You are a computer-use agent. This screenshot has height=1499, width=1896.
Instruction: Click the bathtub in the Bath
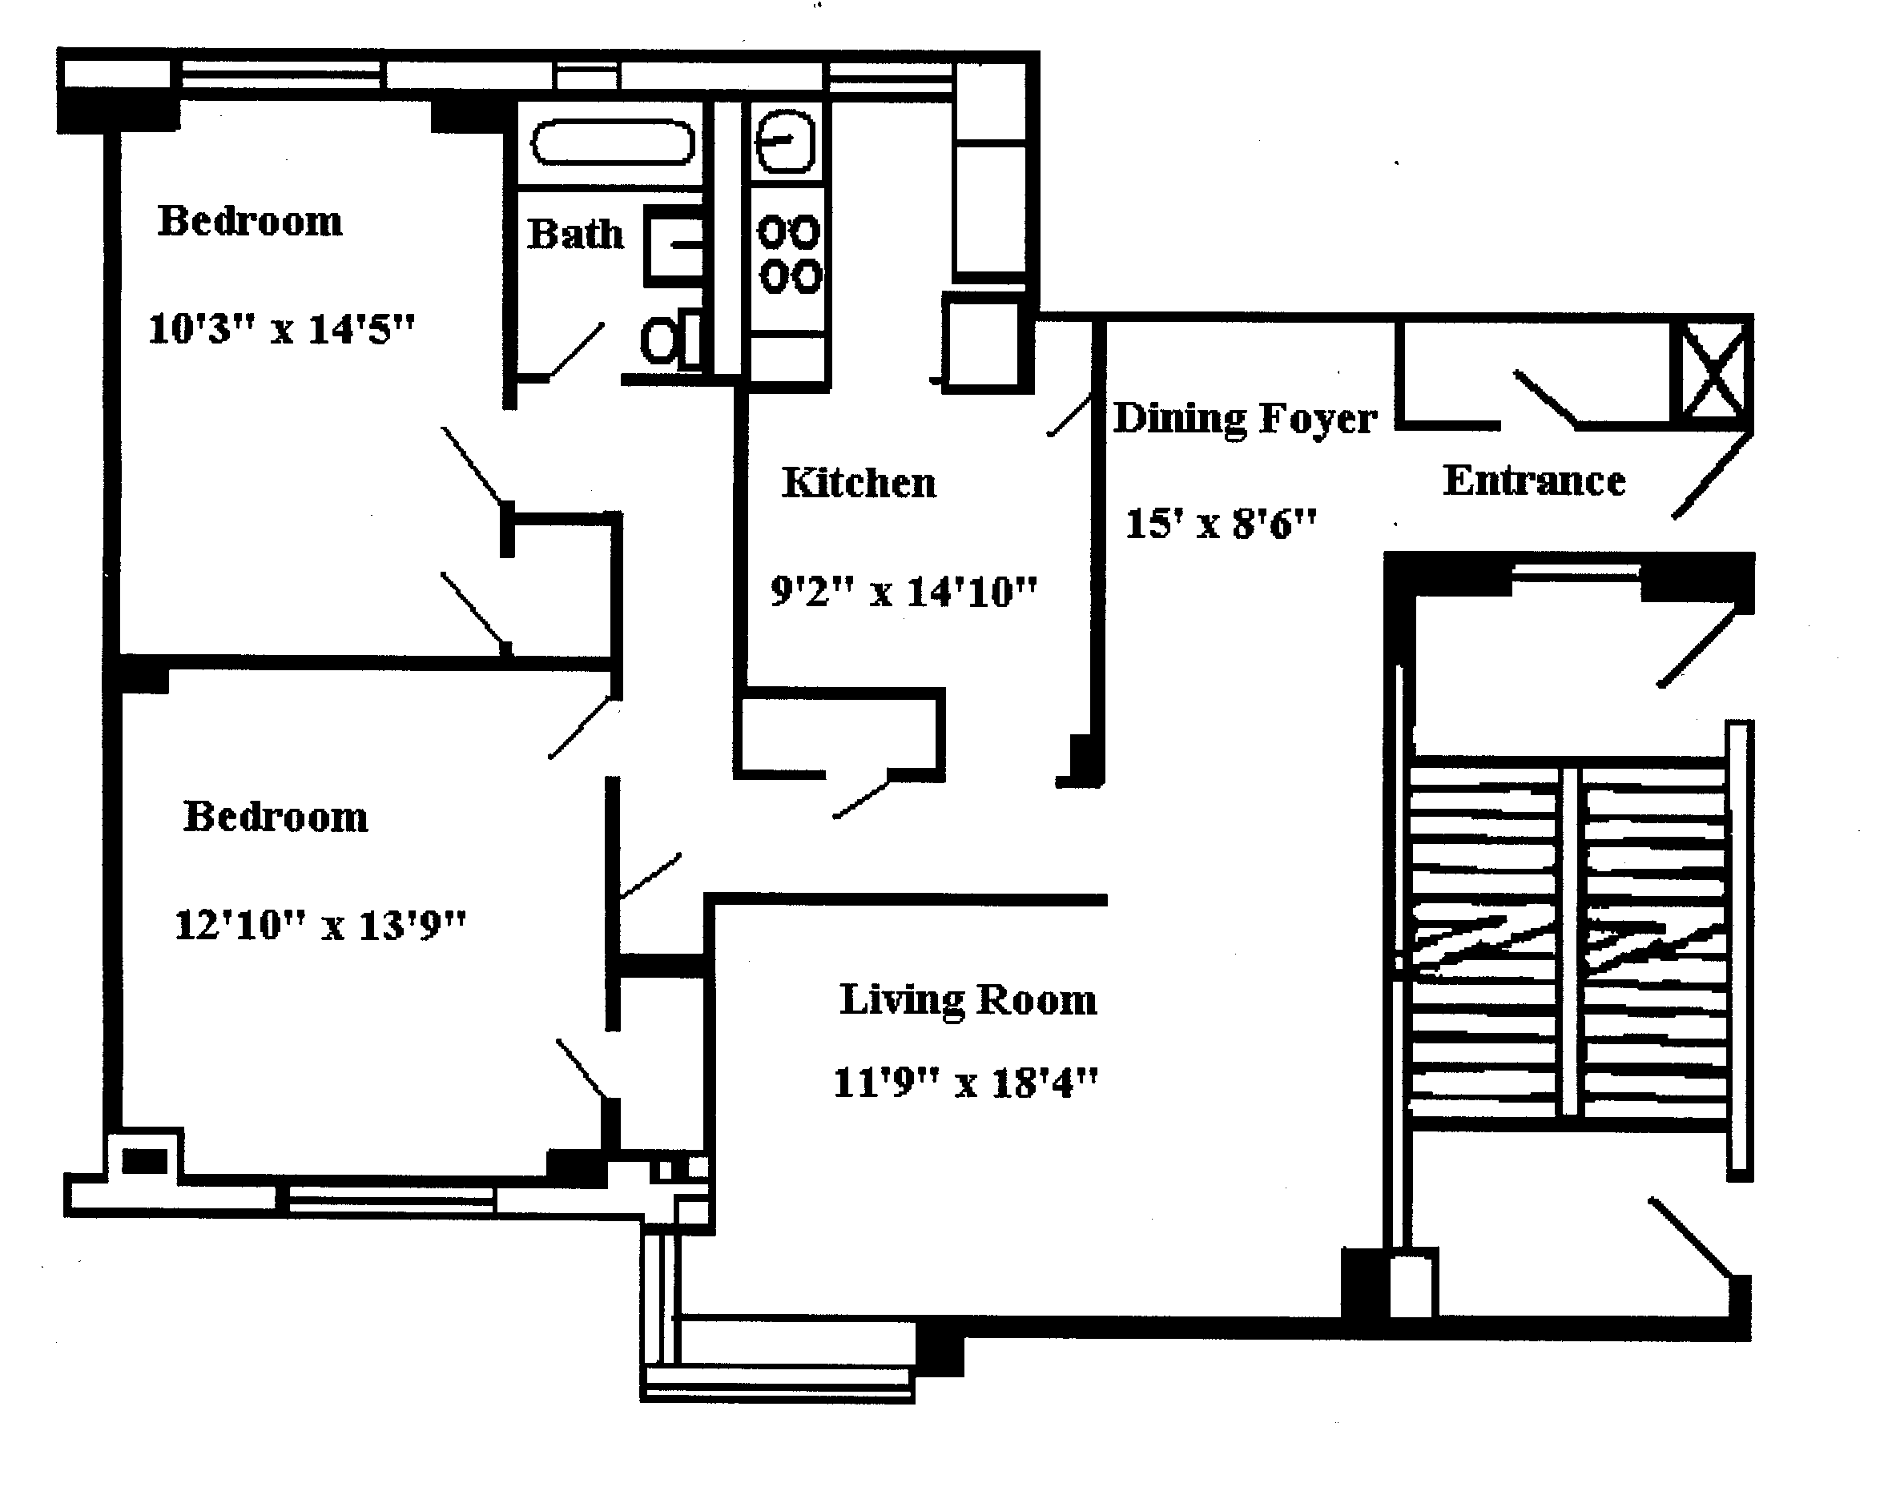coord(613,143)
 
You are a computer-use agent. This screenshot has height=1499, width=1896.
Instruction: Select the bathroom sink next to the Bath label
coord(674,246)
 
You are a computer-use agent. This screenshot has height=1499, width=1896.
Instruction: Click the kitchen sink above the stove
coord(785,140)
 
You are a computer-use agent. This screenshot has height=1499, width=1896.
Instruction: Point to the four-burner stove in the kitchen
coord(788,255)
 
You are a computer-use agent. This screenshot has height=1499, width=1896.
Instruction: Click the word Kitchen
coord(859,483)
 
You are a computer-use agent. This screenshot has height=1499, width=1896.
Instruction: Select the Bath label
coord(575,235)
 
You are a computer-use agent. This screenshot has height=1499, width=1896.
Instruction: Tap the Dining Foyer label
coord(1245,419)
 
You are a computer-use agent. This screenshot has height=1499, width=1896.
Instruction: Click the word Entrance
coord(1533,481)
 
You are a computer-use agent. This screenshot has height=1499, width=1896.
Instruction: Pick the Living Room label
coord(968,999)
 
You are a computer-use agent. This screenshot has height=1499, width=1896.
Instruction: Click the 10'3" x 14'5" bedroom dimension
coord(281,330)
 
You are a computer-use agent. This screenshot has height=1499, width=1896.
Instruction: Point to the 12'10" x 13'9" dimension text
coord(320,925)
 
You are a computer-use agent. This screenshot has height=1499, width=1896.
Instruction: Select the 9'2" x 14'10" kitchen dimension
coord(904,593)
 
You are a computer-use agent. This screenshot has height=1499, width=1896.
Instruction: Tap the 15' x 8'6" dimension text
coord(1221,524)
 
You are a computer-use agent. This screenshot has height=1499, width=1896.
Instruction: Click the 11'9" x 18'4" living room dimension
coord(964,1083)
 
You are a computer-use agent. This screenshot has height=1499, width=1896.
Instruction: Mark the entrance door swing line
coord(1712,476)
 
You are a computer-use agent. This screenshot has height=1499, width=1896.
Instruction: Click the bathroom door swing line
coord(576,351)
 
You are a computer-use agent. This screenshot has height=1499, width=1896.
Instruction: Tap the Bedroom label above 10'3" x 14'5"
coord(250,221)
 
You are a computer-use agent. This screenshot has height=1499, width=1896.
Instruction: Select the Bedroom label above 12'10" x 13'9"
coord(276,817)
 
